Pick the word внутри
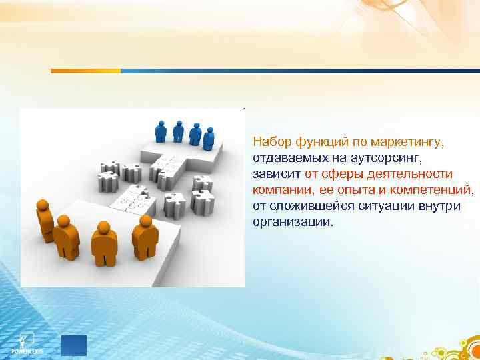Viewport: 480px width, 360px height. (440, 206)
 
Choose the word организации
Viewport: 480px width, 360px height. (291, 222)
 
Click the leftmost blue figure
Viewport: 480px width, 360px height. (160, 130)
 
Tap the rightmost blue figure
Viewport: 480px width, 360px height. (209, 138)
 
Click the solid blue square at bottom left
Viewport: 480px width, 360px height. (74, 345)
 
